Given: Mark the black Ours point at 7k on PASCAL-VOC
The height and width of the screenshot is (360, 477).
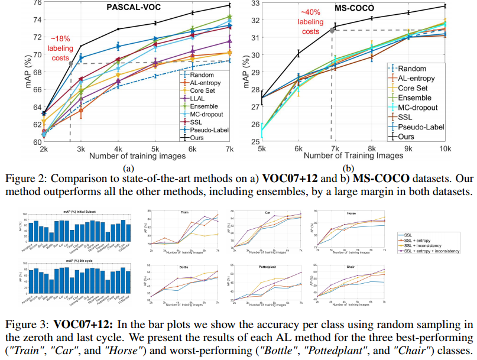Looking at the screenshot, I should (x=230, y=5).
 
